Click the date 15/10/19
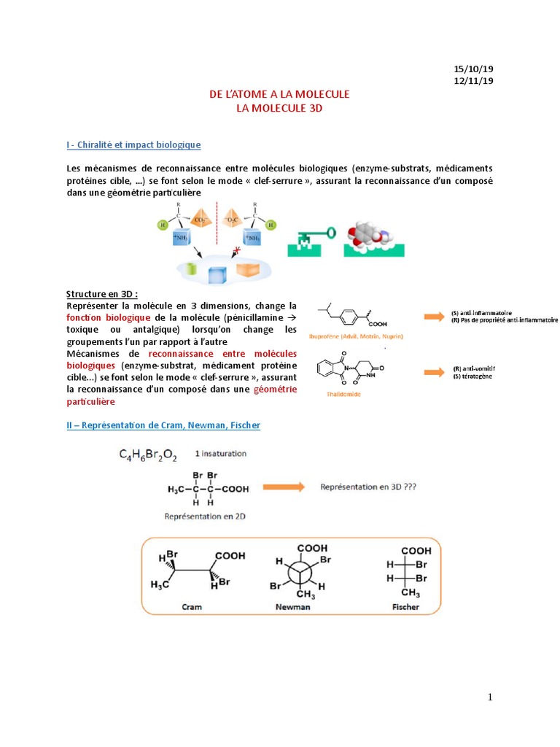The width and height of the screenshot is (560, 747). pyautogui.click(x=474, y=69)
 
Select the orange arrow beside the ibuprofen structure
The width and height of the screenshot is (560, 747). pyautogui.click(x=435, y=316)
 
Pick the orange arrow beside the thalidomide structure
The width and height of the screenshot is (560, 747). pyautogui.click(x=435, y=372)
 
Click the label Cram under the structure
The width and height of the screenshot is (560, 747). pyautogui.click(x=192, y=606)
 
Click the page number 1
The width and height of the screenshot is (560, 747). pyautogui.click(x=490, y=698)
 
